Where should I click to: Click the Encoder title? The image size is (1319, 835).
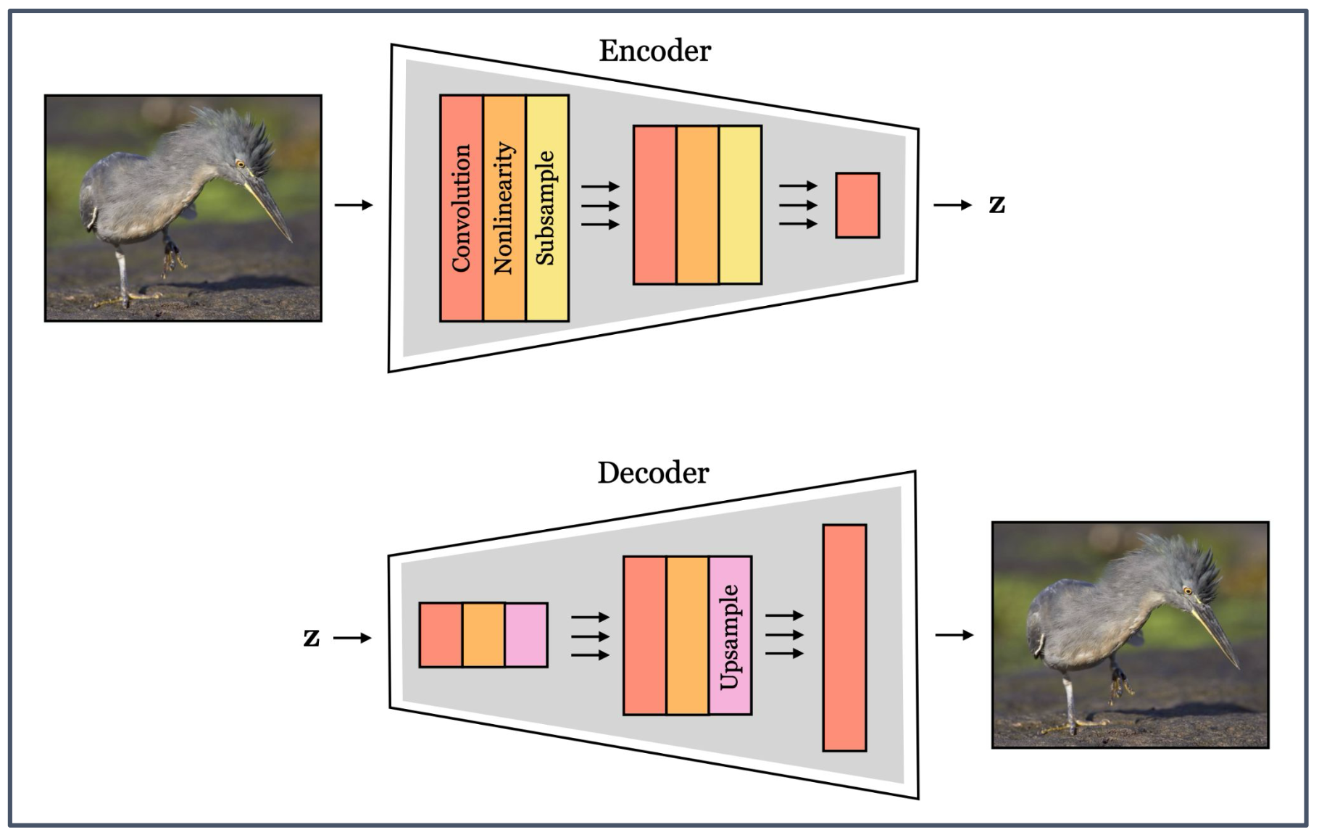point(654,51)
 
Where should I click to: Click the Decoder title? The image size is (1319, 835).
point(653,473)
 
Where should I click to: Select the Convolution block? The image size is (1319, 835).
point(461,208)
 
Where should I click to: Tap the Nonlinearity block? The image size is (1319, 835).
point(504,208)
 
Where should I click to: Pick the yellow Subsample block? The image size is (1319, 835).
point(547,208)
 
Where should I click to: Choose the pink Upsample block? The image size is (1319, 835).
point(730,636)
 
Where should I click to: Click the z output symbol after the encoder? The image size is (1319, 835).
point(997,205)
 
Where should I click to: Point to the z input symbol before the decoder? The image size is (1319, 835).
point(312,638)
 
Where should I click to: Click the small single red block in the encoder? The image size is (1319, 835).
point(857,205)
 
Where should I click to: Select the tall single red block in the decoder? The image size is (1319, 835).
point(844,638)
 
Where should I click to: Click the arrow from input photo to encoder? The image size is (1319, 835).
point(354,205)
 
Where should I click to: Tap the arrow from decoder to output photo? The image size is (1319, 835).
point(954,636)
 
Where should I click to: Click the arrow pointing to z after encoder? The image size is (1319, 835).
point(952,205)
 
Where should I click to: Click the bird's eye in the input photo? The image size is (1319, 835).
point(240,164)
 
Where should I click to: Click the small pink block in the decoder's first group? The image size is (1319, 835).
point(526,635)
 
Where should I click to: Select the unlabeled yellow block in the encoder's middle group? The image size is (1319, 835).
point(740,205)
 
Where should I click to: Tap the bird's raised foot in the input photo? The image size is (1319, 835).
point(171,257)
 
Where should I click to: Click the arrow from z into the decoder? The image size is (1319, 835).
point(353,638)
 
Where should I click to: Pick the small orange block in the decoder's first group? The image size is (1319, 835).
point(483,635)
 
